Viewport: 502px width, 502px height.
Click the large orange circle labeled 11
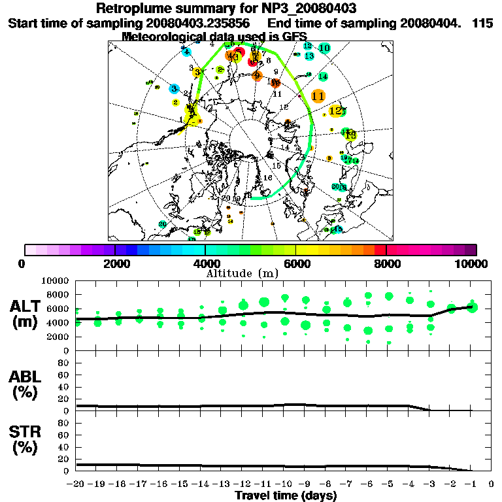tap(318, 96)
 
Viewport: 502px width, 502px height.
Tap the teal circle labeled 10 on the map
tap(324, 48)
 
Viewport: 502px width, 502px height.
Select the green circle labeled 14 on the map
tap(322, 76)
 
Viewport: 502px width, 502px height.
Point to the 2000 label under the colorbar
tap(115, 264)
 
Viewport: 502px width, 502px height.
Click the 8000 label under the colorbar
tap(386, 264)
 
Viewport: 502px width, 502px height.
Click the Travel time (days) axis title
tap(286, 496)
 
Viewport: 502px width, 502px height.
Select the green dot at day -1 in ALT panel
tap(473, 307)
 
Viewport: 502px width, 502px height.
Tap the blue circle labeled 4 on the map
tap(187, 52)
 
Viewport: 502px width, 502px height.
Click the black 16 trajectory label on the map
tap(267, 178)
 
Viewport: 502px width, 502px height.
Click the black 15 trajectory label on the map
tap(276, 166)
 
